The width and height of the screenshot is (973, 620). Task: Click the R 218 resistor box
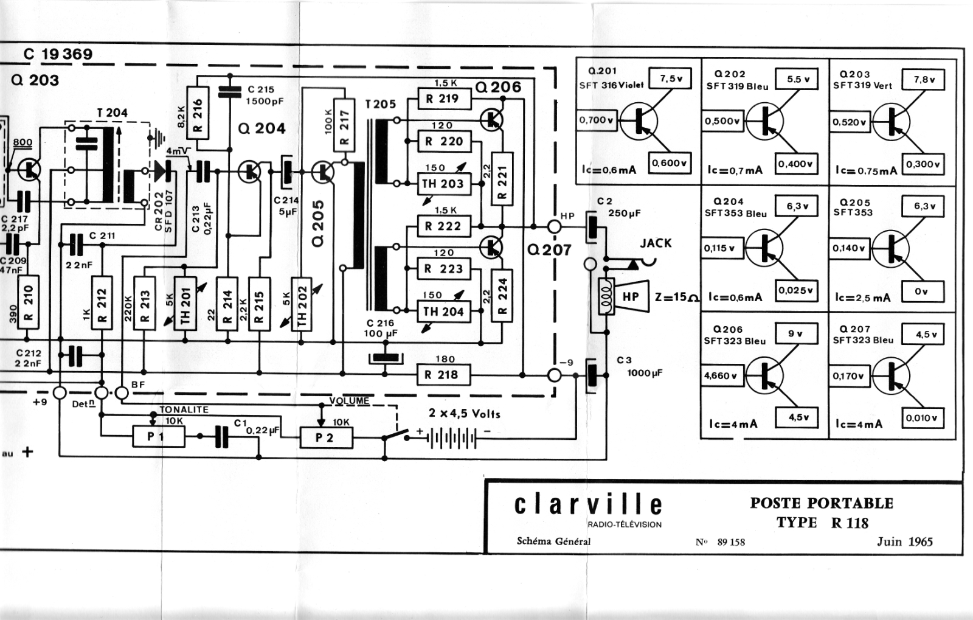(443, 375)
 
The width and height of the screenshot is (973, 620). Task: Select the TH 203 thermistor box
(444, 184)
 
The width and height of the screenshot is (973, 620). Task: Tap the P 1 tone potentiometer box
(159, 437)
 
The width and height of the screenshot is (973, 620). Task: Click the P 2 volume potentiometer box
(326, 437)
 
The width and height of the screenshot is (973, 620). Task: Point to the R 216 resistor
(198, 113)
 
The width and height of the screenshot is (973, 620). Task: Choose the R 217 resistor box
(344, 125)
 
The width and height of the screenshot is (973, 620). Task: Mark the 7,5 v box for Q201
(670, 78)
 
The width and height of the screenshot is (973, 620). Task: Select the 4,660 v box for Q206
(722, 375)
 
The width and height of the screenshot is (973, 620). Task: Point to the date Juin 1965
(904, 542)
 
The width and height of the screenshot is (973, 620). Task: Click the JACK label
(656, 243)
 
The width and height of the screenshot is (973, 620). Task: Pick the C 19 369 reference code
(58, 54)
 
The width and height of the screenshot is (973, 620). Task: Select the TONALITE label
(184, 409)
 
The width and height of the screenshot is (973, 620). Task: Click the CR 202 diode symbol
(162, 171)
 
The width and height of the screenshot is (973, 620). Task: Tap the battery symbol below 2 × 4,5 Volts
(452, 438)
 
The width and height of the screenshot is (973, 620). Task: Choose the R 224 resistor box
(502, 296)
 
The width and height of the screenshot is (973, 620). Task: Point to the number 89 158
(731, 542)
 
